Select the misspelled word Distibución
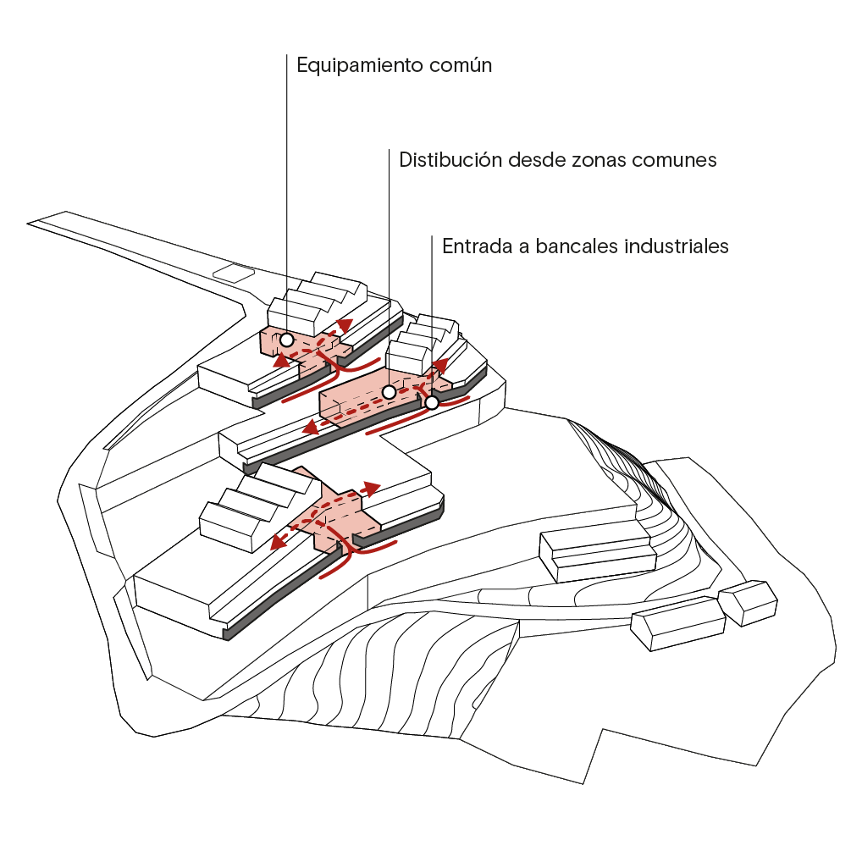450,159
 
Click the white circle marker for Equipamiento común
287,340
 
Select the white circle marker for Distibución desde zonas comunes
389,392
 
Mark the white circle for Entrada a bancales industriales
432,403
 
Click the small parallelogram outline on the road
234,273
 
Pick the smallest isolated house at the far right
748,602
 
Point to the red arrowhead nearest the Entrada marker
439,365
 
